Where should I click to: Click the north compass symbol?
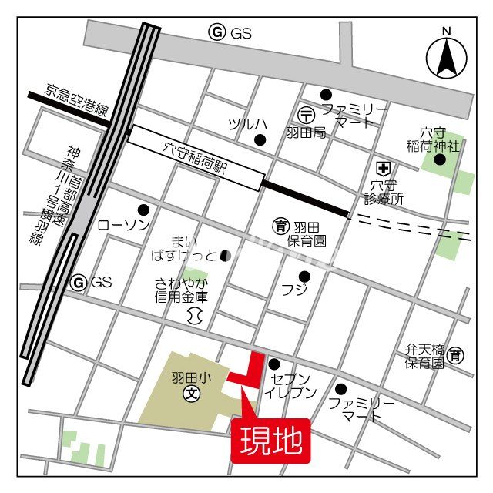click(446, 55)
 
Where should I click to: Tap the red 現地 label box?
click(270, 441)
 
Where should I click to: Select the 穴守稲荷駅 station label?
click(194, 157)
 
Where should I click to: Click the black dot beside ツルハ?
click(260, 139)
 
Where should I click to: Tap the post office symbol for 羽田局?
click(307, 114)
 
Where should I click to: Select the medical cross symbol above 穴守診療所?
click(382, 167)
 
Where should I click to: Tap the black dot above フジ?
click(305, 276)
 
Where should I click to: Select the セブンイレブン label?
click(290, 385)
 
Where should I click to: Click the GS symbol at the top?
click(217, 32)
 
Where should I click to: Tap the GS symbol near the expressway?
click(79, 283)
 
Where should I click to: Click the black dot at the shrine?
click(439, 159)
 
